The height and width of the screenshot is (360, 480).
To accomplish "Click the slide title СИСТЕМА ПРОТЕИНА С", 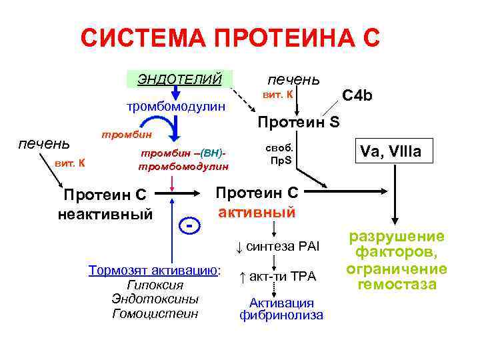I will click(x=230, y=38).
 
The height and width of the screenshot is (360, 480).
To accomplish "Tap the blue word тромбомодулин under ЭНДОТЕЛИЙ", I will click(x=177, y=106).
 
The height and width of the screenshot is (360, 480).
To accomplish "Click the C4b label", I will click(x=357, y=96).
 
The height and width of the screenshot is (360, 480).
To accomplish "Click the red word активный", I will click(x=257, y=213).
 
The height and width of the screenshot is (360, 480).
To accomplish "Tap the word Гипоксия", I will click(x=155, y=285).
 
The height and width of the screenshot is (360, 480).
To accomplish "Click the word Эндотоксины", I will click(x=155, y=299).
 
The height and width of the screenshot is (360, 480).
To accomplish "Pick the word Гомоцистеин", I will click(x=155, y=313).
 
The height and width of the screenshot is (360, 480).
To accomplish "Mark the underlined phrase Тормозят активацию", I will click(x=154, y=270).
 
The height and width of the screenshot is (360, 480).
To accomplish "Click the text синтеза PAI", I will click(x=283, y=247).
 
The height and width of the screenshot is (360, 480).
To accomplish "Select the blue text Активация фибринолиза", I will click(x=281, y=308).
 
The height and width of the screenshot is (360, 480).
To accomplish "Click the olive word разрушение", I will click(x=397, y=237).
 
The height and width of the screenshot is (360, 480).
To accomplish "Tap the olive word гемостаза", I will click(x=397, y=284).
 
